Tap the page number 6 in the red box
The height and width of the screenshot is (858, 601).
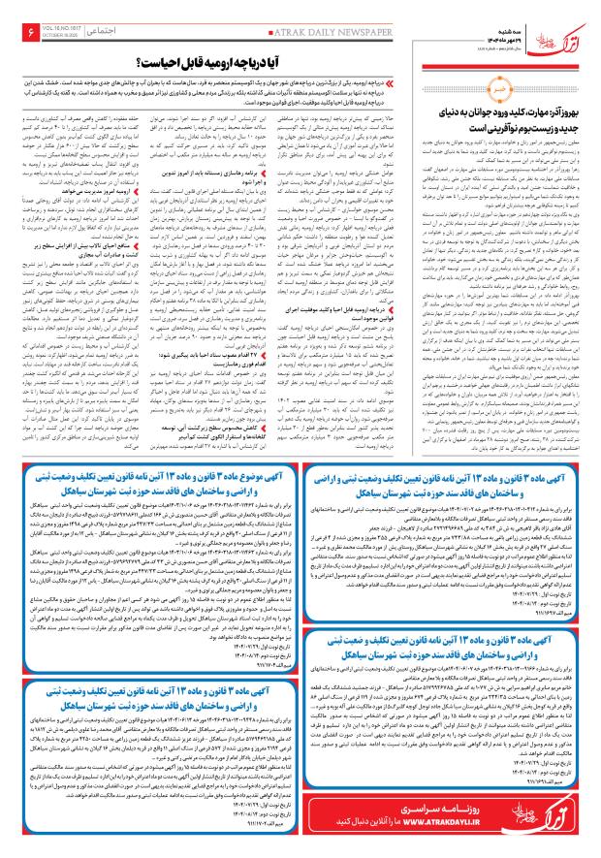coord(23,33)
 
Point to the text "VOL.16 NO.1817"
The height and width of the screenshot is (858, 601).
coord(56,29)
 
